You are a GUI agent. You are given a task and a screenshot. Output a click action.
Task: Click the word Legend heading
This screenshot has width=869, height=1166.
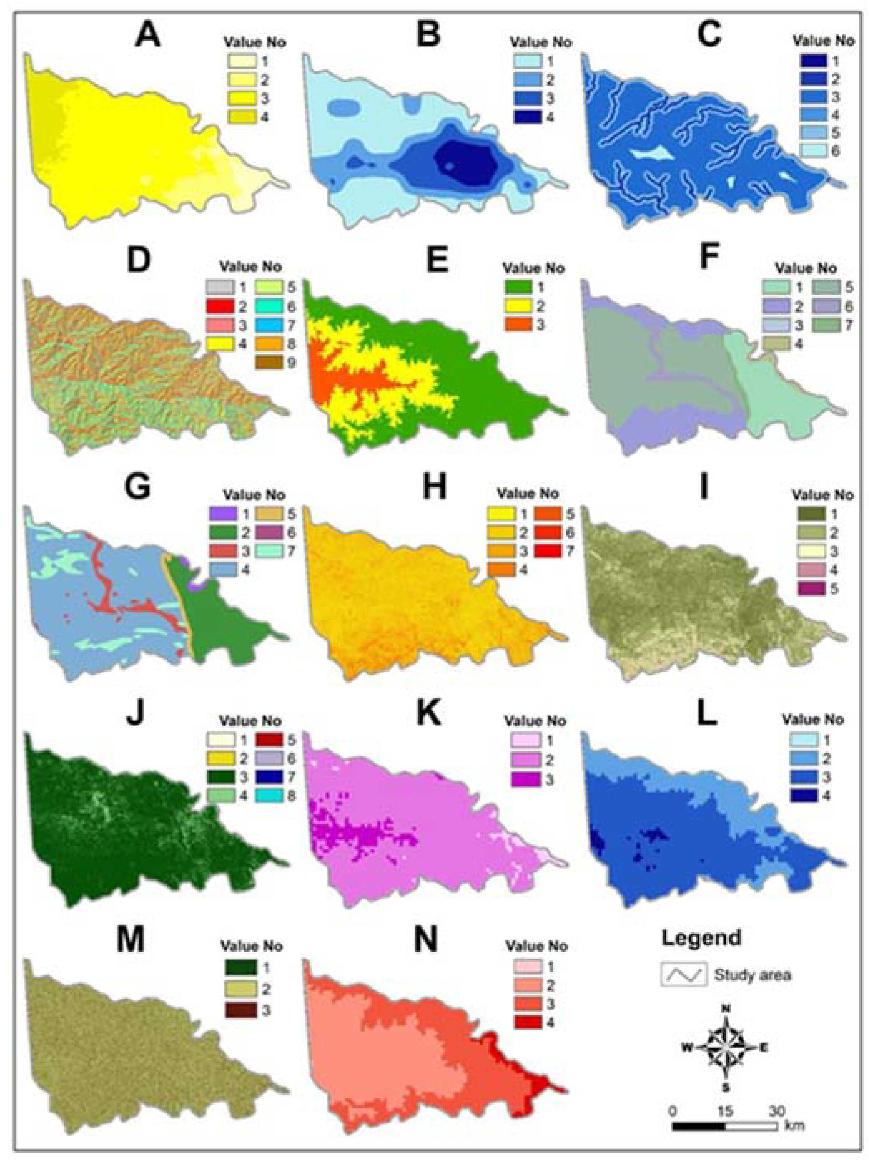[x=701, y=938]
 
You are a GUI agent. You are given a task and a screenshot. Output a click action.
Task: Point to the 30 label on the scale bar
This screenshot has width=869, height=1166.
[x=777, y=1110]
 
